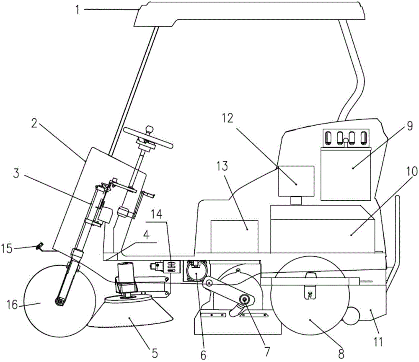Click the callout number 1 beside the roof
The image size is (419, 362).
pos(78,10)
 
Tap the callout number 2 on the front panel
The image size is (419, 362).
pos(34,123)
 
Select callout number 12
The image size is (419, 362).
pos(228,118)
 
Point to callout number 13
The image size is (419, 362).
pos(222,166)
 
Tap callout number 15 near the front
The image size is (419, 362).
pos(6,248)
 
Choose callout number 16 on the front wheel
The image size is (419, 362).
pos(12,305)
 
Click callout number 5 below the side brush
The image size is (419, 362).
pos(155,353)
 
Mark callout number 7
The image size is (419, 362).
pos(267,352)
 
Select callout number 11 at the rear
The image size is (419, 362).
pos(378,342)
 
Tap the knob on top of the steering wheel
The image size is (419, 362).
pos(150,129)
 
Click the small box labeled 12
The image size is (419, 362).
pos(296,181)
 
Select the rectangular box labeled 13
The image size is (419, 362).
pos(234,236)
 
